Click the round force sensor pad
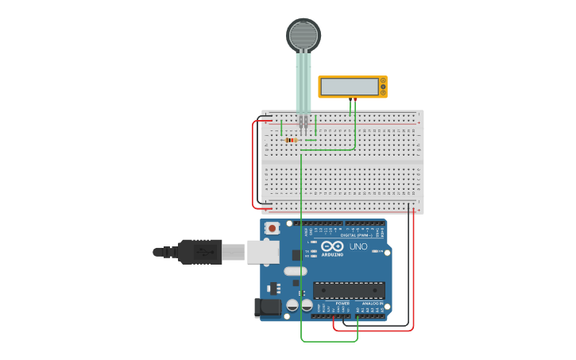click(303, 35)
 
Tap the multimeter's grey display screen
click(349, 87)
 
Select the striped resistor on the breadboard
click(291, 141)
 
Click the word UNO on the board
click(358, 247)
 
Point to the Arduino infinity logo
click(331, 246)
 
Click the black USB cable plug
click(199, 252)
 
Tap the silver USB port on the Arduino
click(261, 252)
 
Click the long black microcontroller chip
click(349, 290)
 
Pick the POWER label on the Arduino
click(342, 304)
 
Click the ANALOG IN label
click(373, 304)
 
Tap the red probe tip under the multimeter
click(355, 99)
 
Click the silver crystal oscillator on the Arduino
click(294, 271)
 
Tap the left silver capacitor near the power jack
click(292, 305)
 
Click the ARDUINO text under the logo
click(332, 254)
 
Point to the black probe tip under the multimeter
click(350, 99)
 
